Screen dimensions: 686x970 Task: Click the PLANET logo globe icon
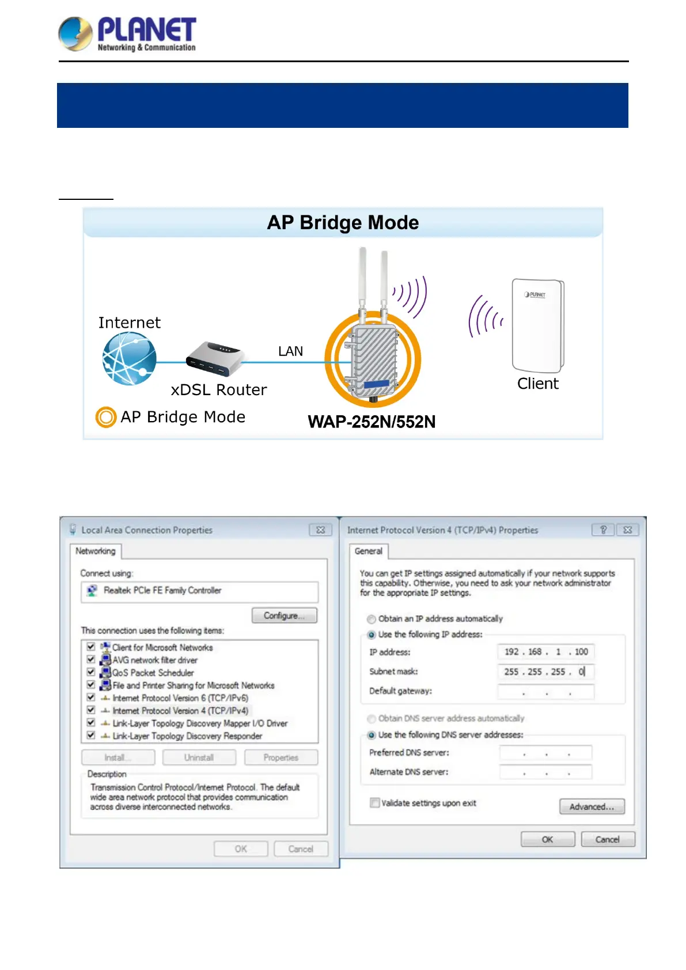(75, 33)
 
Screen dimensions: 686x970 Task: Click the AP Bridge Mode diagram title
(343, 223)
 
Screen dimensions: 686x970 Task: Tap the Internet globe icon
(129, 359)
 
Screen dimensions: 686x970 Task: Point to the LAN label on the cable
(290, 351)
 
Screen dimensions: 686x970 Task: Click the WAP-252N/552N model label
(372, 422)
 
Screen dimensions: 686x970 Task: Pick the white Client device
(538, 325)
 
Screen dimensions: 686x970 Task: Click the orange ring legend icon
(106, 417)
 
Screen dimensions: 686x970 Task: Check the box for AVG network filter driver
(91, 660)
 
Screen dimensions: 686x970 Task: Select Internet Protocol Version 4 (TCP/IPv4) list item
(180, 711)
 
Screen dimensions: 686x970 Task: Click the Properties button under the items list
(281, 757)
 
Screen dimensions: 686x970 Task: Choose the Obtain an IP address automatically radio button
(372, 619)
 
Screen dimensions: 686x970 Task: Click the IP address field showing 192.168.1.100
(545, 652)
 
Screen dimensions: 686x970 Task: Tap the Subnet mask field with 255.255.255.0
(545, 672)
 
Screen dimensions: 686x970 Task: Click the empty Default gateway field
(545, 691)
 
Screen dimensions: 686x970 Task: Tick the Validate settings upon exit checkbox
(375, 803)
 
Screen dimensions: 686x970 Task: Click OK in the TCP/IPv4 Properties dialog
(547, 839)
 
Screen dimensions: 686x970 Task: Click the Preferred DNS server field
(545, 753)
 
